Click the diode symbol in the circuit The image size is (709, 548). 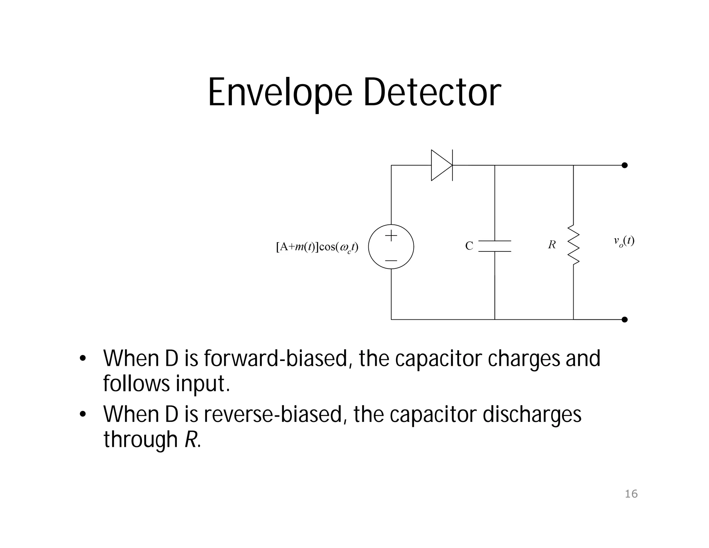click(x=441, y=165)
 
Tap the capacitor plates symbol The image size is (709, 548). click(x=495, y=246)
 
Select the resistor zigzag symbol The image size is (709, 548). click(x=573, y=245)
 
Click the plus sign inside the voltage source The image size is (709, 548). click(x=391, y=236)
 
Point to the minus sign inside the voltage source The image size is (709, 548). click(x=391, y=260)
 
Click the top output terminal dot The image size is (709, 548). click(x=625, y=165)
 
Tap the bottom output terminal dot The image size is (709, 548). click(x=625, y=319)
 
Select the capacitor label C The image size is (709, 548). click(x=469, y=246)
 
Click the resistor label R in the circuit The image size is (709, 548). click(x=552, y=245)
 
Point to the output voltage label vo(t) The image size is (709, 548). click(x=624, y=241)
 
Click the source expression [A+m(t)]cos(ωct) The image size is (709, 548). click(x=317, y=247)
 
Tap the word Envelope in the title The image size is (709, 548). click(x=280, y=93)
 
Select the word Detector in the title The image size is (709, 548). click(x=432, y=92)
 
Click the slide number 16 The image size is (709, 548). click(x=631, y=494)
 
